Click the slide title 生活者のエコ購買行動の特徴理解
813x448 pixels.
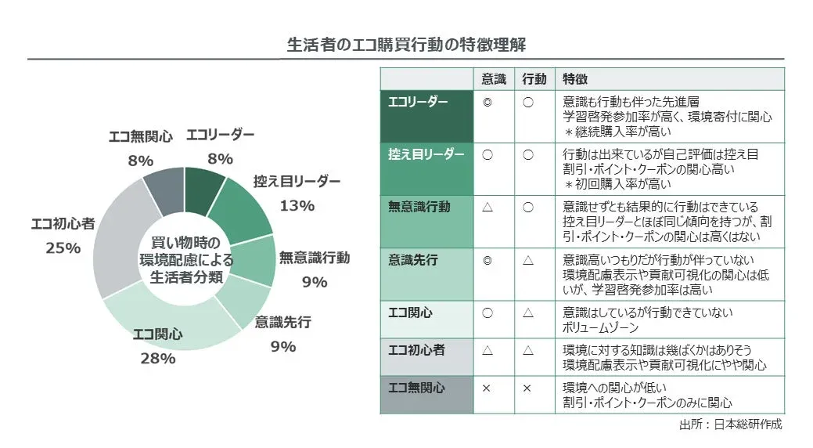406,44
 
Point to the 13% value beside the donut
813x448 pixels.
297,206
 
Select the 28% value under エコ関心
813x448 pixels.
157,359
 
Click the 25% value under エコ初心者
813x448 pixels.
63,247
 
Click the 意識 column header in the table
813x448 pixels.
494,79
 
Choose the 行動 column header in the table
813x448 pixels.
534,79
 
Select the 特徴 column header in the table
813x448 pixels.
576,79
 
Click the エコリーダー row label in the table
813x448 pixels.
419,103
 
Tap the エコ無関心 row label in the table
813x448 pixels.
417,388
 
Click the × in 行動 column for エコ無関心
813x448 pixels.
527,388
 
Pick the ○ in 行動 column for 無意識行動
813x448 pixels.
527,207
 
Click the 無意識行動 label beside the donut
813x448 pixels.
314,258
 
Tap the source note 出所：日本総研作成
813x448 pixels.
731,425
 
